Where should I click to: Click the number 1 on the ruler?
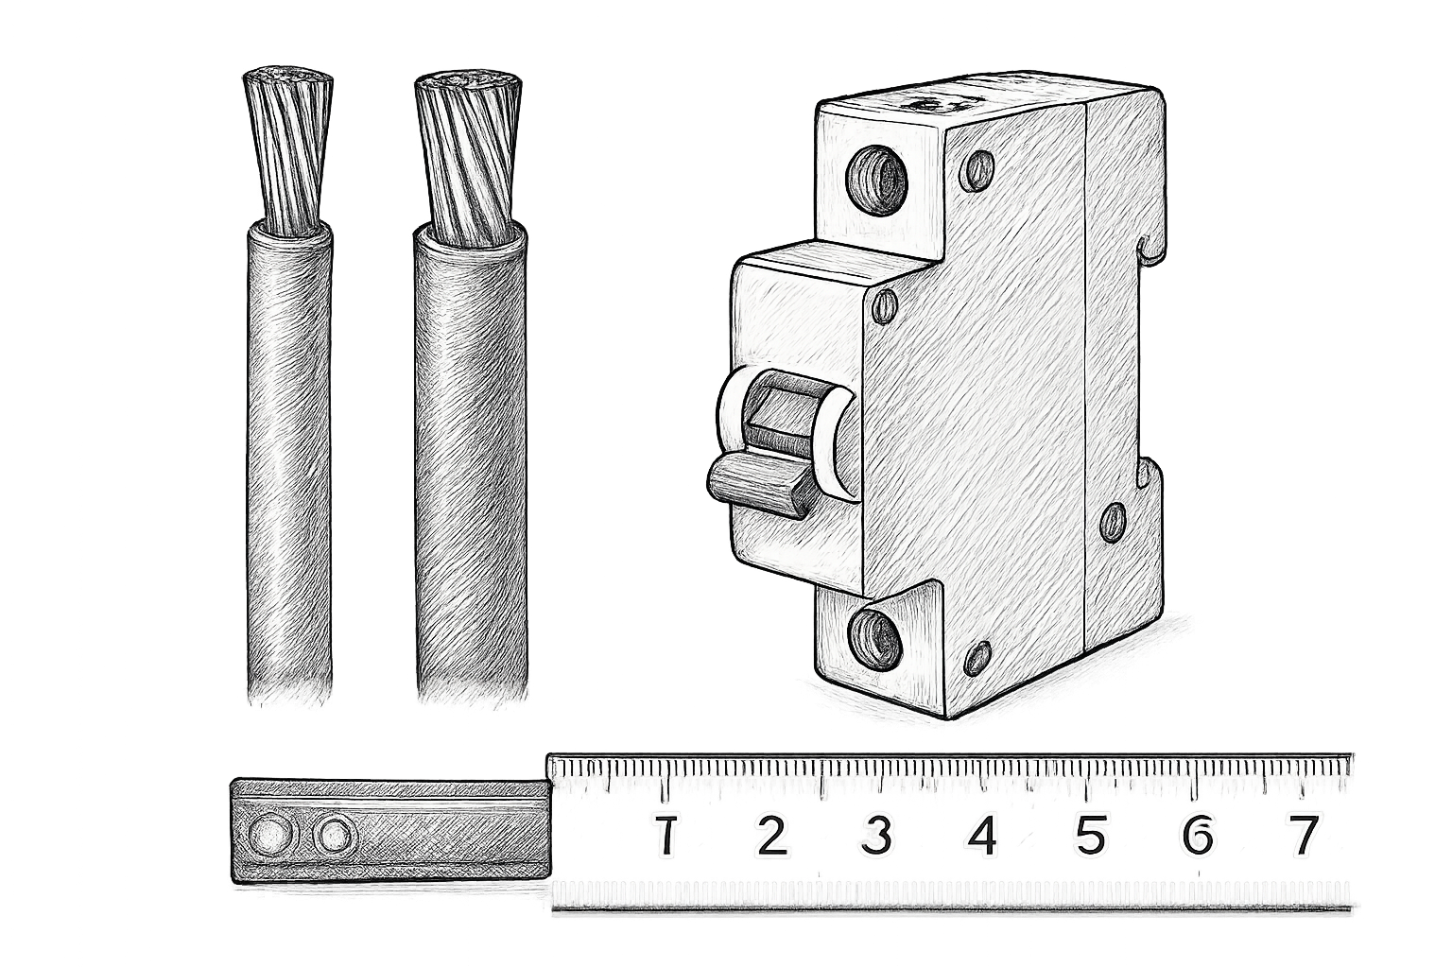point(665,836)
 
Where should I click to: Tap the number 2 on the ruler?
point(771,836)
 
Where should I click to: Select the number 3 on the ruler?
point(876,836)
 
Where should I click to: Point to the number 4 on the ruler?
point(983,836)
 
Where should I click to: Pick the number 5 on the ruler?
point(1091,836)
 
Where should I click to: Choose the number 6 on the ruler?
point(1197,836)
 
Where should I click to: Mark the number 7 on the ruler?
point(1303,836)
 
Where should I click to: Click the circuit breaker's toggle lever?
point(755,486)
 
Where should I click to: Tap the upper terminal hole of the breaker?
point(877,179)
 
